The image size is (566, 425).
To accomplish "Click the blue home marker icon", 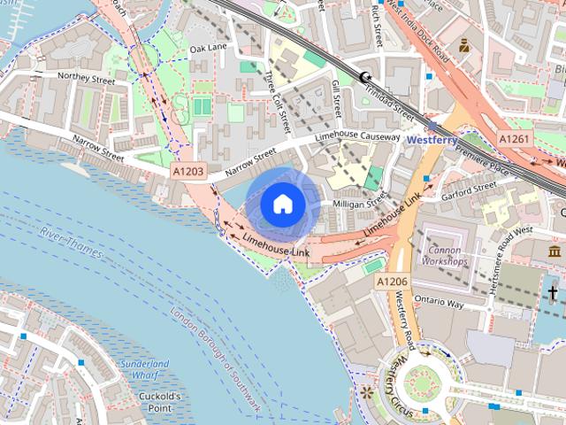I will click(x=282, y=204).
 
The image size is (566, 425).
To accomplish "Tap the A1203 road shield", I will click(x=188, y=172).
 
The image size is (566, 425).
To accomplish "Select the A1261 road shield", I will click(x=515, y=139).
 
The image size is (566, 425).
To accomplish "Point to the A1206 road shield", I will click(x=392, y=281).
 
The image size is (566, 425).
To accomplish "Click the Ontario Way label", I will click(x=439, y=302).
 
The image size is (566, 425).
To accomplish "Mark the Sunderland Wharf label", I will click(x=144, y=369).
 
